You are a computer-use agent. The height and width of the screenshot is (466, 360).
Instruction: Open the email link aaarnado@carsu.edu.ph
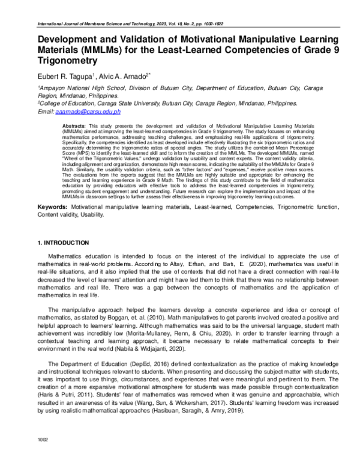click(88, 111)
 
